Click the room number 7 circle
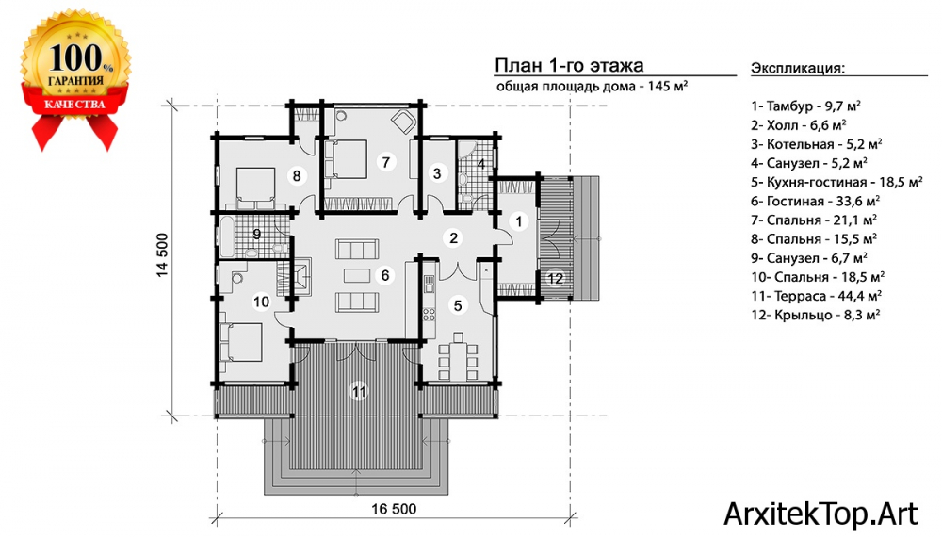click(385, 162)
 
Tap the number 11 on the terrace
click(359, 392)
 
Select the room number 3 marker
click(437, 173)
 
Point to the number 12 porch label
click(555, 278)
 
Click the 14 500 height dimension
click(163, 255)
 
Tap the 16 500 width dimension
click(394, 509)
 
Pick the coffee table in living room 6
click(357, 275)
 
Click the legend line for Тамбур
click(805, 106)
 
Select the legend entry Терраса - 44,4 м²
click(816, 296)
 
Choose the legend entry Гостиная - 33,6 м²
click(815, 201)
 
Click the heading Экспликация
click(798, 67)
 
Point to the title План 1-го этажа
click(569, 65)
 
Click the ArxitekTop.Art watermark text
click(820, 514)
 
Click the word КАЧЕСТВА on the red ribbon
click(74, 104)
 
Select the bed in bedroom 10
click(241, 342)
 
